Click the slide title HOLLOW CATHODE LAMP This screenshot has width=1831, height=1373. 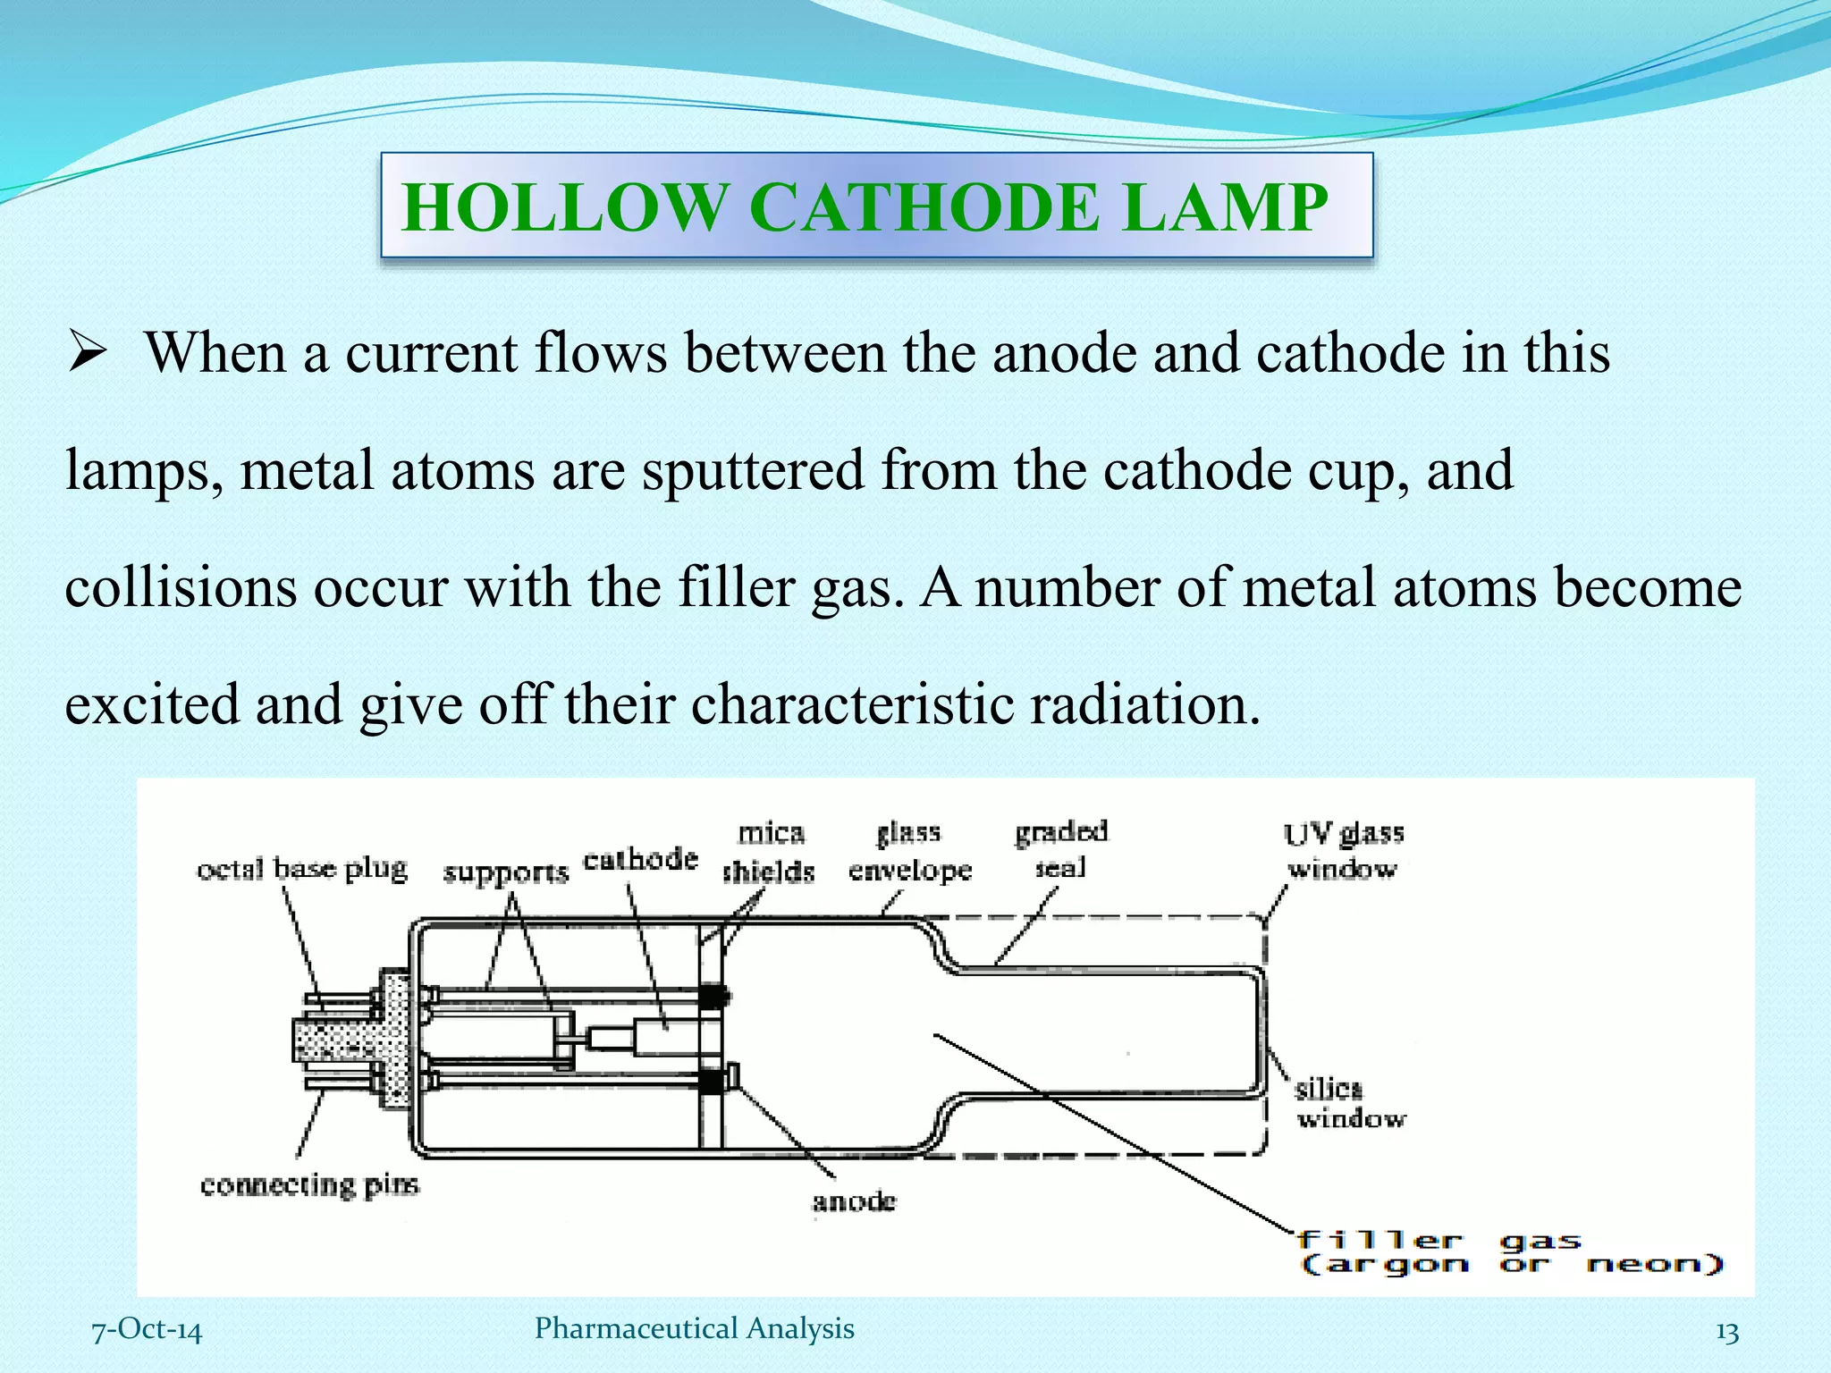pyautogui.click(x=865, y=206)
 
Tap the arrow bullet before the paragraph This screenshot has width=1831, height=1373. pyautogui.click(x=89, y=353)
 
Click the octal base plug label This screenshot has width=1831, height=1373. pyautogui.click(x=302, y=869)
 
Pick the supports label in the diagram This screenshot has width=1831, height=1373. pyautogui.click(x=505, y=872)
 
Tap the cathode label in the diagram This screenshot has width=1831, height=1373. pyautogui.click(x=640, y=859)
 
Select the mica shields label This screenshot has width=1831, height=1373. pyautogui.click(x=770, y=852)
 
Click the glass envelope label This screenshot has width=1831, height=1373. pyautogui.click(x=909, y=851)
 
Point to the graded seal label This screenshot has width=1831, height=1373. pyautogui.click(x=1061, y=849)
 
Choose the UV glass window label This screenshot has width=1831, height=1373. pyautogui.click(x=1344, y=851)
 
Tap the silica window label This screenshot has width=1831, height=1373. pyautogui.click(x=1350, y=1103)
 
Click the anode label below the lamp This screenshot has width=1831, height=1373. pyautogui.click(x=854, y=1200)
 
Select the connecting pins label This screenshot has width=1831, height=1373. pyautogui.click(x=309, y=1185)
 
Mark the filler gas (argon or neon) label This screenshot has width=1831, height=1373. pyautogui.click(x=1510, y=1252)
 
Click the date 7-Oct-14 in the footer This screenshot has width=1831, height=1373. pyautogui.click(x=148, y=1330)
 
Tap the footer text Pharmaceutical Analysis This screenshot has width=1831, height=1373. pyautogui.click(x=694, y=1328)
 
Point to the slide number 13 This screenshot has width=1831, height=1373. pyautogui.click(x=1727, y=1333)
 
